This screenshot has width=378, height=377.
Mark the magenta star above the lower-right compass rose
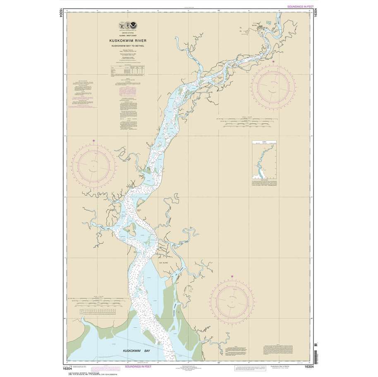coord(232,277)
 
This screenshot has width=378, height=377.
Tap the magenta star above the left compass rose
coord(94,142)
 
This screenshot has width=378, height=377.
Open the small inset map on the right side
coord(264,163)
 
